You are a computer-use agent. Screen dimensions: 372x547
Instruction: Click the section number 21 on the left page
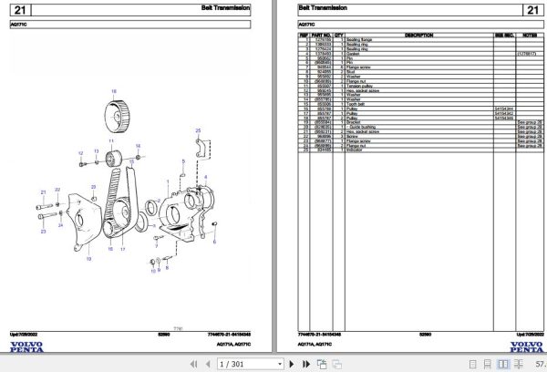pos(20,11)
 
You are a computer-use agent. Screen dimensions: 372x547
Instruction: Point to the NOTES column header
pos(529,36)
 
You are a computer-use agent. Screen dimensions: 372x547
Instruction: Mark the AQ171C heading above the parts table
pos(307,26)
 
